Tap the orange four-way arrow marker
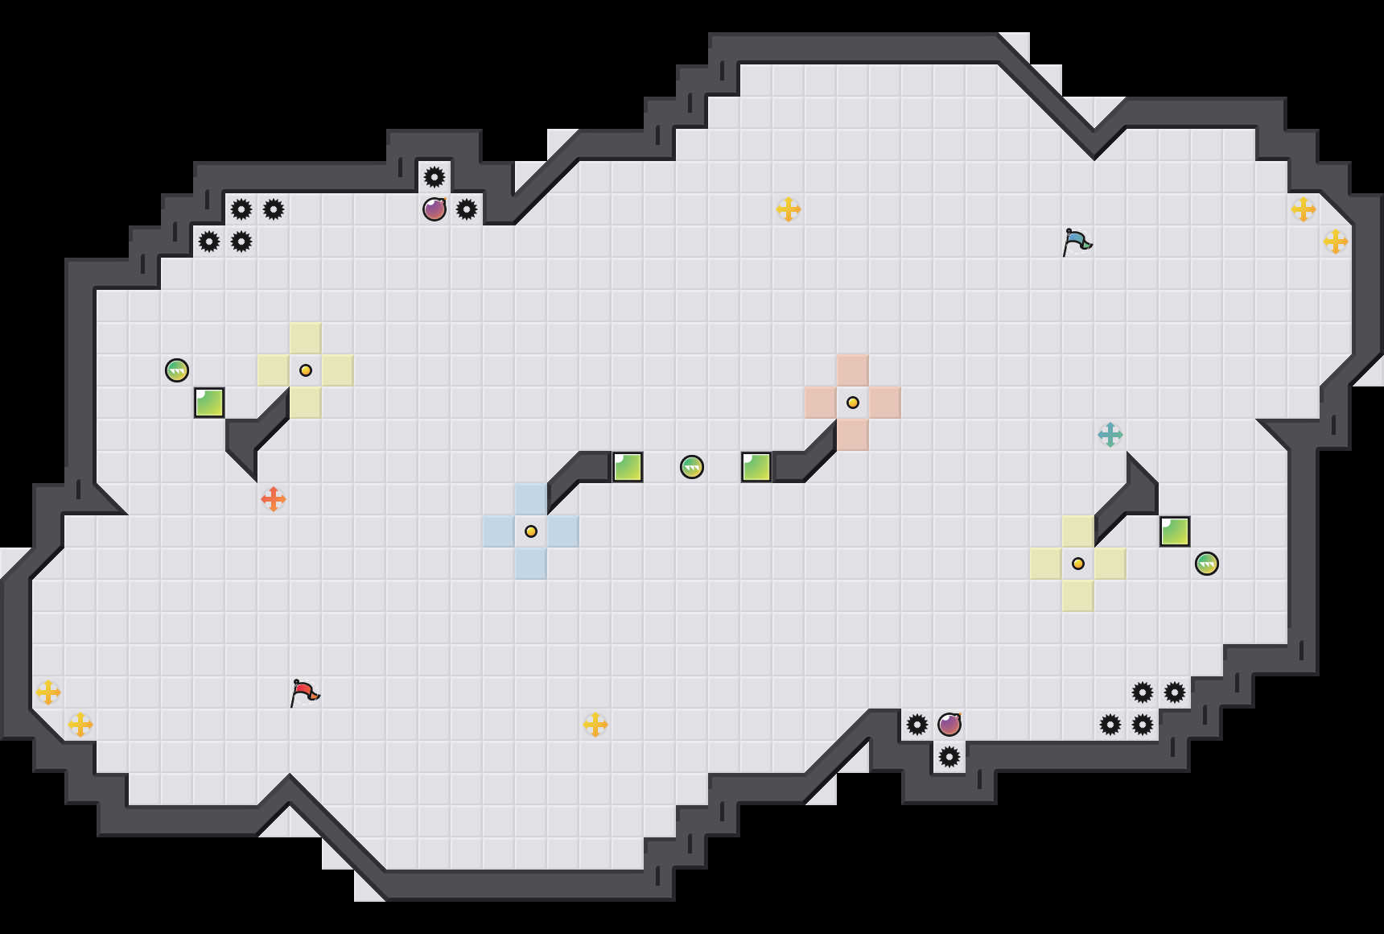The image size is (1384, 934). (274, 499)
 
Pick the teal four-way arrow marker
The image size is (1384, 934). (1110, 435)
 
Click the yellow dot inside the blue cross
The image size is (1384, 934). (531, 531)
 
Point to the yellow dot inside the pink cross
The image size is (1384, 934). (853, 403)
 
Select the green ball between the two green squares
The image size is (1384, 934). (692, 467)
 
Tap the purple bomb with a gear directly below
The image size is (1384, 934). (949, 725)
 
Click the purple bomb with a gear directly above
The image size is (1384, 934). (435, 209)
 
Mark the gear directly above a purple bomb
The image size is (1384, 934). (435, 177)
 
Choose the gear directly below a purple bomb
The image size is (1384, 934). (949, 757)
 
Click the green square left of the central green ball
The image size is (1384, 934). (628, 467)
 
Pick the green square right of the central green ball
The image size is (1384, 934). (756, 467)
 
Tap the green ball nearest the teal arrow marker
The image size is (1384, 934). (1207, 564)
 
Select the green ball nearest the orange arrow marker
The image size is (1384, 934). (177, 370)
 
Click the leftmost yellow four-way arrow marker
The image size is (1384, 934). (48, 692)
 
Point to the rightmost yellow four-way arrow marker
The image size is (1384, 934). (1336, 242)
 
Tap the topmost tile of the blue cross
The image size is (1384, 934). (531, 499)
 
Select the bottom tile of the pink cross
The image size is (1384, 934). (853, 435)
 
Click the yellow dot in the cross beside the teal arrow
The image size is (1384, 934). (1078, 564)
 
